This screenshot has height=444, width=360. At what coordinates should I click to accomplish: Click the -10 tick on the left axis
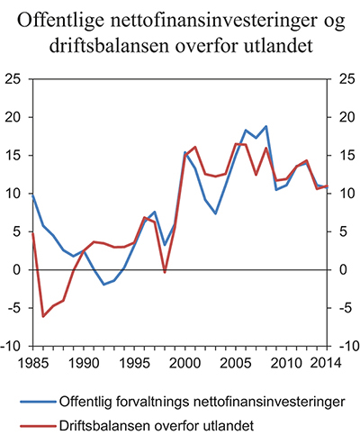pos(14,346)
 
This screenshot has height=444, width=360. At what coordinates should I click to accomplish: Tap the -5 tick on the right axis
pos(342,308)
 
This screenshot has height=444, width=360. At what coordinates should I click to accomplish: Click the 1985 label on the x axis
pos(32,362)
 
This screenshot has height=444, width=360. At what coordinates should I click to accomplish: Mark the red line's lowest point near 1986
pos(43,316)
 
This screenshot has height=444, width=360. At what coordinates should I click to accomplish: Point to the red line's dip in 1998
pos(164,272)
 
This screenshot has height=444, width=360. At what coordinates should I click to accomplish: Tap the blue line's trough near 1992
pos(103,285)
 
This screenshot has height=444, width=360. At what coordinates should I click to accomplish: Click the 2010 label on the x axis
pos(282,362)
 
